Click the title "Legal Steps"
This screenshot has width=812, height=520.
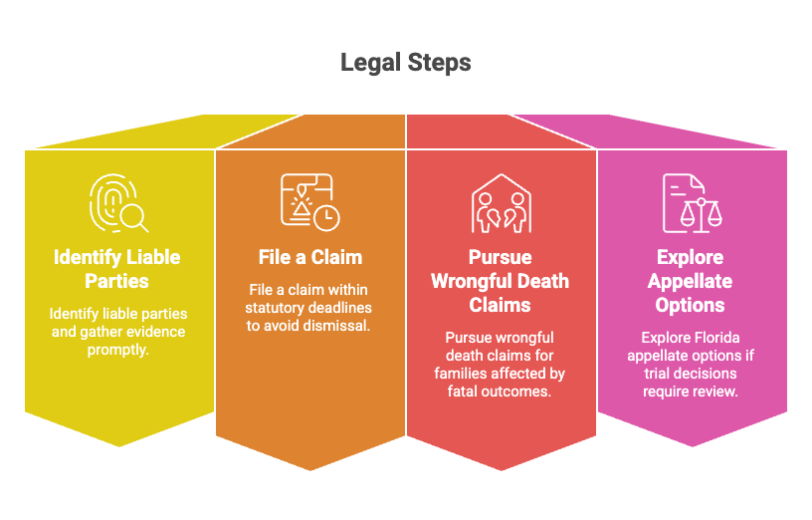pyautogui.click(x=405, y=63)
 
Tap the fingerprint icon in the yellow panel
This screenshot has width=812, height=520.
pyautogui.click(x=118, y=203)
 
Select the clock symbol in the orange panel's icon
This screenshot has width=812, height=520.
pyautogui.click(x=326, y=218)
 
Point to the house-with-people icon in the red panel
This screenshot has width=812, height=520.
pyautogui.click(x=501, y=203)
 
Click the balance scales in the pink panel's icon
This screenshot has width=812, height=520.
pyautogui.click(x=701, y=214)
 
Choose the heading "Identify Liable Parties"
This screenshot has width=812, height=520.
pyautogui.click(x=117, y=269)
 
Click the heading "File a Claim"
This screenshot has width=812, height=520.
pyautogui.click(x=310, y=257)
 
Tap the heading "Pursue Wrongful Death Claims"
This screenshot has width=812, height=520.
pyautogui.click(x=501, y=281)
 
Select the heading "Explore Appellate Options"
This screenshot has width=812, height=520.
pyautogui.click(x=690, y=281)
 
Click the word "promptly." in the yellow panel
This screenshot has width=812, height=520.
pyautogui.click(x=118, y=350)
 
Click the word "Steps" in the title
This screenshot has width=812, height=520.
pyautogui.click(x=439, y=63)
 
